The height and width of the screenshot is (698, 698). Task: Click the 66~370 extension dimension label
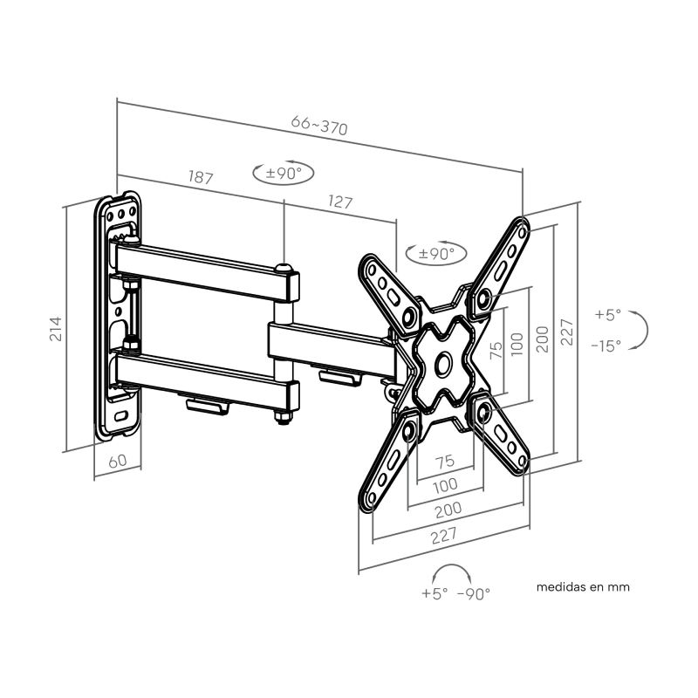(318, 125)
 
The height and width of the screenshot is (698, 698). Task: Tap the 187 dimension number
(201, 177)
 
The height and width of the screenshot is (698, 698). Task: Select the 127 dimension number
(340, 202)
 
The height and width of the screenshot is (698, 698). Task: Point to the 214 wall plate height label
(56, 329)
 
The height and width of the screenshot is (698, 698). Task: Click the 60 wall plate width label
(118, 462)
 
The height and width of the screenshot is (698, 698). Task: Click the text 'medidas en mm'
(583, 586)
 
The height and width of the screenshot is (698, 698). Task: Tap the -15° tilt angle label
(606, 346)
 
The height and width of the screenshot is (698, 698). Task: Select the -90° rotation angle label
(473, 593)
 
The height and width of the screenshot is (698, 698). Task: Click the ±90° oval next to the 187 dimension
(283, 173)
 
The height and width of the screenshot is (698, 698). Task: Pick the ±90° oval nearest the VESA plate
(435, 254)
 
